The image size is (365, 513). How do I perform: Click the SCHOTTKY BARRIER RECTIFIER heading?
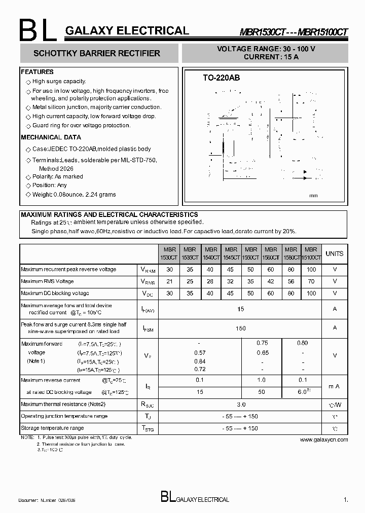tap(96, 53)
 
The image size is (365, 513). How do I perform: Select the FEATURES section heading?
tap(38, 72)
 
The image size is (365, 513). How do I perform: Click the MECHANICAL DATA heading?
tap(51, 137)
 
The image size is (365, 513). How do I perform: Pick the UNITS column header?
tap(334, 253)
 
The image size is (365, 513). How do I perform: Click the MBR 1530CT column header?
tap(170, 253)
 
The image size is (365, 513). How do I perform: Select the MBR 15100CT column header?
tap(311, 253)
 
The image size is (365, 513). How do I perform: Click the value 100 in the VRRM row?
tap(311, 269)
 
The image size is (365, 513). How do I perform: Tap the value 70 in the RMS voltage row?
tap(311, 281)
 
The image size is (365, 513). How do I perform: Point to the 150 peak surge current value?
tap(241, 328)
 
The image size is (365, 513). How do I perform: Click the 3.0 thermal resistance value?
tap(241, 405)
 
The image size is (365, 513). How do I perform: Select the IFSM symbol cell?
tap(148, 328)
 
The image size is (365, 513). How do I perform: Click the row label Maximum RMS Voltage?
tap(47, 281)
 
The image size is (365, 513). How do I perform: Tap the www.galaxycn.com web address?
tap(324, 439)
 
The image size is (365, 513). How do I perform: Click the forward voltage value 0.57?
tap(200, 352)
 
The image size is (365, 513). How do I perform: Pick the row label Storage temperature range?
tap(52, 428)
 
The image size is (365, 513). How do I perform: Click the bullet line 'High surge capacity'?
tap(59, 82)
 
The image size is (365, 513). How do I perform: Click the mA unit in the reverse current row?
tap(334, 386)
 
